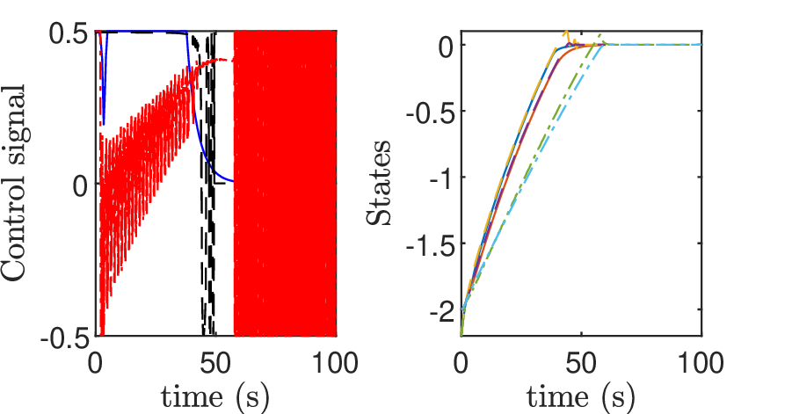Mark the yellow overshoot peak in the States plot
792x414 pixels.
point(567,33)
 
